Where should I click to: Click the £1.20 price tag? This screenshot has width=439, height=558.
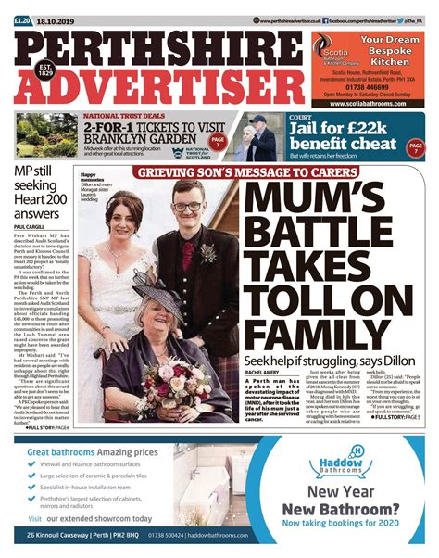tap(21, 20)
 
